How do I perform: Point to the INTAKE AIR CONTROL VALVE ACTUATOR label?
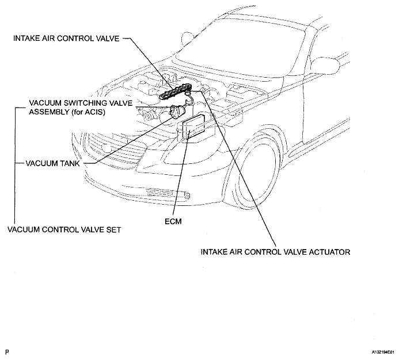click(276, 252)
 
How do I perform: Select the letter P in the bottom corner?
click(6, 350)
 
